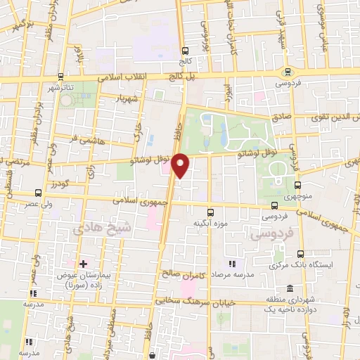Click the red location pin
pos(181,165)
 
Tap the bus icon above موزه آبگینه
pos(209,212)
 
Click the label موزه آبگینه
pos(208,223)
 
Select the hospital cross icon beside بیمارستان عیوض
pos(83,264)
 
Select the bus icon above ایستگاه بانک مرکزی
pos(301,255)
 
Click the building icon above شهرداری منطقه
pos(290,288)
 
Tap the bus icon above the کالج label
pos(185,51)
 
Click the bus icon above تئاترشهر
pos(61,76)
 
